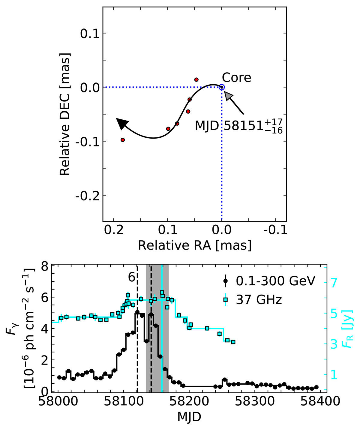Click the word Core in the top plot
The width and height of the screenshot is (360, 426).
click(x=236, y=78)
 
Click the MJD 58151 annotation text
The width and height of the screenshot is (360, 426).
click(x=239, y=125)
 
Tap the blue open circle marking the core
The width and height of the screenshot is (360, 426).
click(x=221, y=87)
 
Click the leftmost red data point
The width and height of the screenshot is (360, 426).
click(x=123, y=140)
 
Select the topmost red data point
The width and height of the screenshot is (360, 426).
click(x=196, y=79)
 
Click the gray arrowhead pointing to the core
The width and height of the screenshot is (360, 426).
click(x=228, y=96)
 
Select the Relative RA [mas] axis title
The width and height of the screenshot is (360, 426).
click(x=194, y=245)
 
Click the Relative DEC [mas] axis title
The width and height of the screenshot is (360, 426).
click(x=65, y=114)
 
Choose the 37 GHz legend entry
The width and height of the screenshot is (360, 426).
click(x=259, y=300)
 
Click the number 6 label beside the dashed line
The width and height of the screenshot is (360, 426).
click(x=131, y=277)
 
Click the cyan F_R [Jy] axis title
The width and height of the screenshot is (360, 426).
click(x=349, y=329)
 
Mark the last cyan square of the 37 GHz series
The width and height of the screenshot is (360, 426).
click(x=233, y=342)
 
